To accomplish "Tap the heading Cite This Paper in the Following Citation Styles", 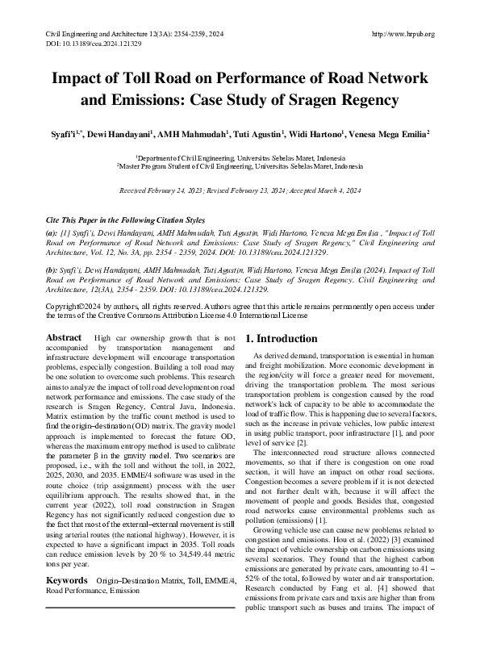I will [125, 219].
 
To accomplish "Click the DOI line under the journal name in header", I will [90, 44].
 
